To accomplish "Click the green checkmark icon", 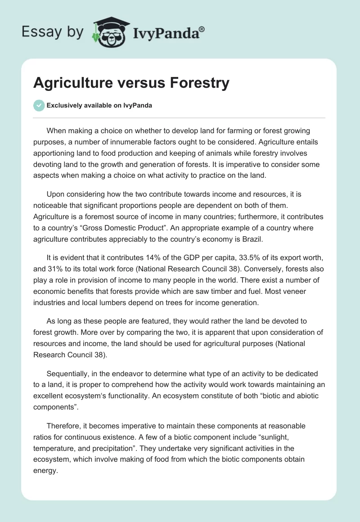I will [x=39, y=105].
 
